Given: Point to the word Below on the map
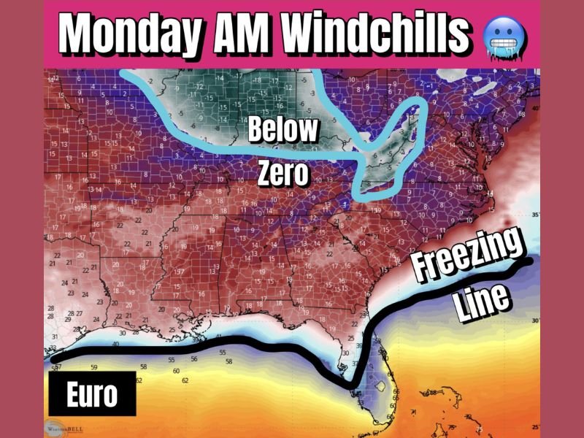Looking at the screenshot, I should (x=283, y=130).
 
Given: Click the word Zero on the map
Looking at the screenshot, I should (x=284, y=174).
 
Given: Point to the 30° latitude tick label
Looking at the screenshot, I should (x=535, y=320).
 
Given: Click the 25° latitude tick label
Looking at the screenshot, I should (x=535, y=427).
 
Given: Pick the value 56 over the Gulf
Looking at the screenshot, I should (x=194, y=359).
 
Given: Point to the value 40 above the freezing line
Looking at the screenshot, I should (x=115, y=344).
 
